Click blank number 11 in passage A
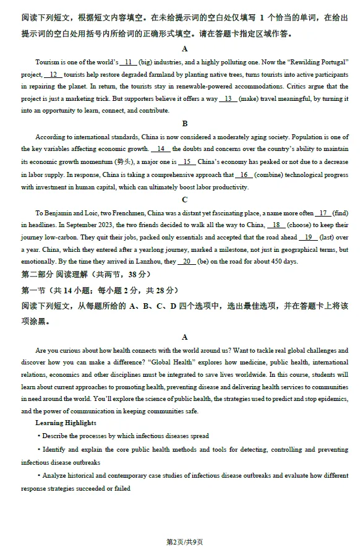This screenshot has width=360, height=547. (x=128, y=62)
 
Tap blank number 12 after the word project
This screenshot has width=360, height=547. (x=53, y=75)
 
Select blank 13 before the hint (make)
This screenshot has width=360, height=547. (x=228, y=98)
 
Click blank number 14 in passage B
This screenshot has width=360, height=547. (x=160, y=149)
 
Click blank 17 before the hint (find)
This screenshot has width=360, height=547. (x=324, y=213)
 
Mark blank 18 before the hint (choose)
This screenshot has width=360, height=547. (x=276, y=225)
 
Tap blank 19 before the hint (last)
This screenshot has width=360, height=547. (x=307, y=237)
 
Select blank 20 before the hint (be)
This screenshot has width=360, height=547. (x=186, y=261)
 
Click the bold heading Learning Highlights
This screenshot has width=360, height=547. (x=66, y=423)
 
